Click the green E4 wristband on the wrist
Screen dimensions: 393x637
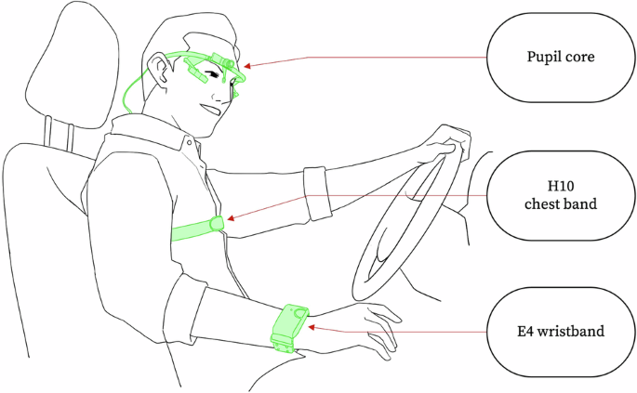pyautogui.click(x=290, y=326)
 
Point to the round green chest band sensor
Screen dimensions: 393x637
pyautogui.click(x=218, y=224)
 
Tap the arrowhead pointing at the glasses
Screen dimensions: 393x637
pyautogui.click(x=249, y=65)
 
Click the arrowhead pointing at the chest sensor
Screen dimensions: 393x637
pyautogui.click(x=230, y=220)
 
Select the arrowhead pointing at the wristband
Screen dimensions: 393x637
pyautogui.click(x=312, y=326)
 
